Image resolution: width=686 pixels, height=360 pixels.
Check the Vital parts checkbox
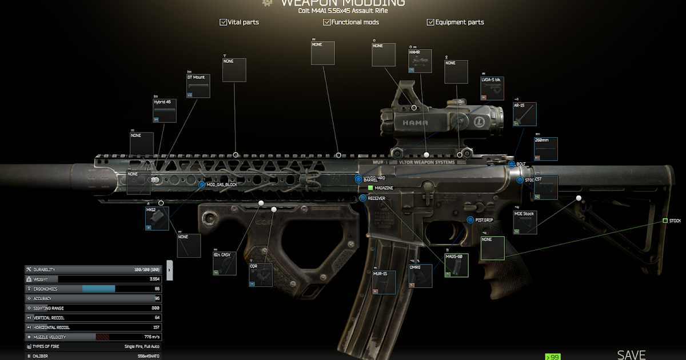click(x=223, y=22)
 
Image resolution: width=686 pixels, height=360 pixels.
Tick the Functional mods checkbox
click(x=327, y=22)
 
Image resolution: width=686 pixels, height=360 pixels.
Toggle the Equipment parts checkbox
click(x=430, y=22)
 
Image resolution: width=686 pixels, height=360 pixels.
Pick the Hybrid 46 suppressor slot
click(x=165, y=111)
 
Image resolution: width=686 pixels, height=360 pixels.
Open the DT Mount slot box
click(x=198, y=86)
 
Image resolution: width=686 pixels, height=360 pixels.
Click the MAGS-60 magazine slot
click(x=456, y=266)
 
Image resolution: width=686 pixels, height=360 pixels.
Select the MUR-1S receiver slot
click(x=384, y=283)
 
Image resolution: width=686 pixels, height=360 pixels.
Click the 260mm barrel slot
click(x=546, y=149)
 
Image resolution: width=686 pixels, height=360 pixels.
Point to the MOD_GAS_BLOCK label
click(x=221, y=185)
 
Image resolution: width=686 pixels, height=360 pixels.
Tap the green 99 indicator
click(x=552, y=357)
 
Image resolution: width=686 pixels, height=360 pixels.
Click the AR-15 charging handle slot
click(x=525, y=114)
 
